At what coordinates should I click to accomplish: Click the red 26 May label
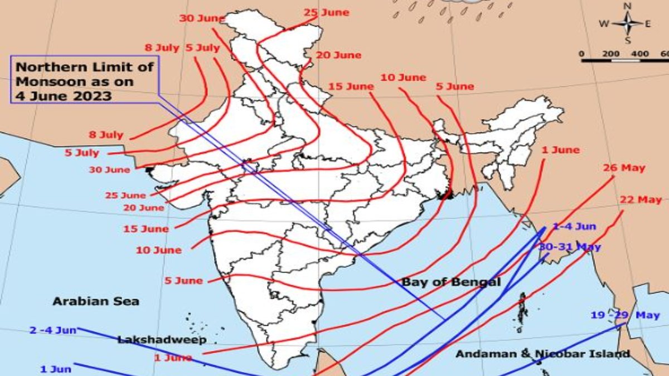coord(624,168)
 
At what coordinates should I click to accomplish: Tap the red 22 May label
coord(641,199)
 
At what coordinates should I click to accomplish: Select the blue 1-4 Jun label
coord(575,226)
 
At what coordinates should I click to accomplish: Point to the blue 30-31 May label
coord(569,246)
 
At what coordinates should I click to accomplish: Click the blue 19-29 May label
coord(625,315)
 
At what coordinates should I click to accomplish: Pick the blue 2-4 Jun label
coord(53,330)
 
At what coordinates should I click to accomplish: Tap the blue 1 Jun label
coord(55,369)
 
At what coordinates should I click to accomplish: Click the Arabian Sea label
coord(96,301)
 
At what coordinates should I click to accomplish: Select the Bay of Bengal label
coord(451,282)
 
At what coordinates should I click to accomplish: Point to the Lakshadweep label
coord(162,339)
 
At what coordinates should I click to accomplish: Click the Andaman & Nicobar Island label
coord(542,354)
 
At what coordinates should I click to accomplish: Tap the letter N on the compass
coord(627,6)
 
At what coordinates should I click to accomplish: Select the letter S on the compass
coord(628,40)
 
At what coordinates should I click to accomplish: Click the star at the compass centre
coord(627,23)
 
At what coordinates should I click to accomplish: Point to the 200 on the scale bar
coord(612,53)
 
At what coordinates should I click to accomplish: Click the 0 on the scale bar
coord(582,53)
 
